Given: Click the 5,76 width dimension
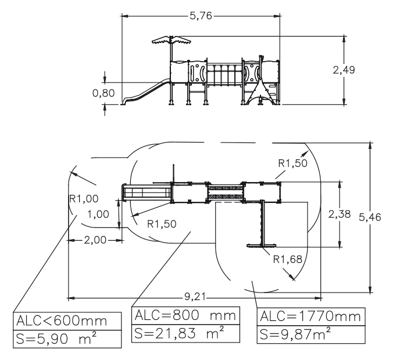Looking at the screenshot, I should (x=201, y=17).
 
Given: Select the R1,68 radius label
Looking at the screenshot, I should (x=287, y=259).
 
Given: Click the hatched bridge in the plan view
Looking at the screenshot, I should (x=225, y=192).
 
